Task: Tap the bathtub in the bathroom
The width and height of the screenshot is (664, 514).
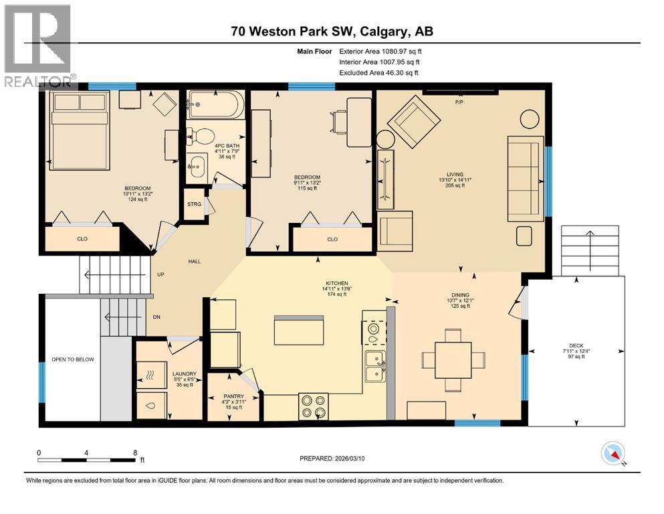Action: [216, 104]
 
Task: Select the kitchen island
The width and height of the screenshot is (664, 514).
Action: [299, 330]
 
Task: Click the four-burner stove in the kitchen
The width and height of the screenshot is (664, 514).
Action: [314, 406]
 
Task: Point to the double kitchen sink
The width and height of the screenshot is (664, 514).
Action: [375, 367]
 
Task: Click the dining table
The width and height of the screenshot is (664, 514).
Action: [453, 360]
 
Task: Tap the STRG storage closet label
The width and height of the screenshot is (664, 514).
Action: [195, 204]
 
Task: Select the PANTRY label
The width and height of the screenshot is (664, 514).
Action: [233, 396]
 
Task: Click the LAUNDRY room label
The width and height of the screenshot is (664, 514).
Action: [184, 373]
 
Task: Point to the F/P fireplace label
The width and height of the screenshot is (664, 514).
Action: [459, 102]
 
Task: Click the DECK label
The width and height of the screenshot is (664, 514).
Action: [576, 346]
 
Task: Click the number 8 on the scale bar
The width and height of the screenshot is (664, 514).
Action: [135, 452]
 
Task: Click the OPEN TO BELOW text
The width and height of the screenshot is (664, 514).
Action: [73, 359]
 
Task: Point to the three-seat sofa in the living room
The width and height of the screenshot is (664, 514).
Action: [526, 179]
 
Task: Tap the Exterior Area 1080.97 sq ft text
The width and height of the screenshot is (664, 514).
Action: [380, 52]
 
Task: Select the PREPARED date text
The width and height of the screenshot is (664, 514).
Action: [332, 458]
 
